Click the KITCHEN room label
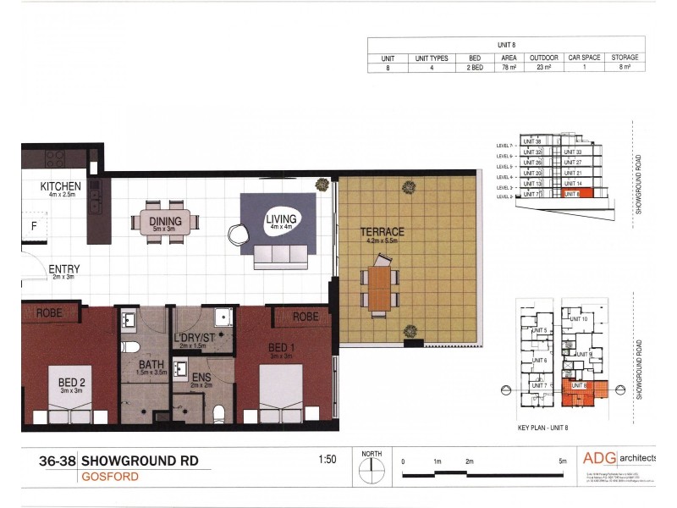60,186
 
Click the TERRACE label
383,231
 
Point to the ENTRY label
64,269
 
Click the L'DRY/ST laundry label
195,338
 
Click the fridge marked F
33,226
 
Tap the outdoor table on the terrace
380,287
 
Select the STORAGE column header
624,58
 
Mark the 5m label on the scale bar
563,461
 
